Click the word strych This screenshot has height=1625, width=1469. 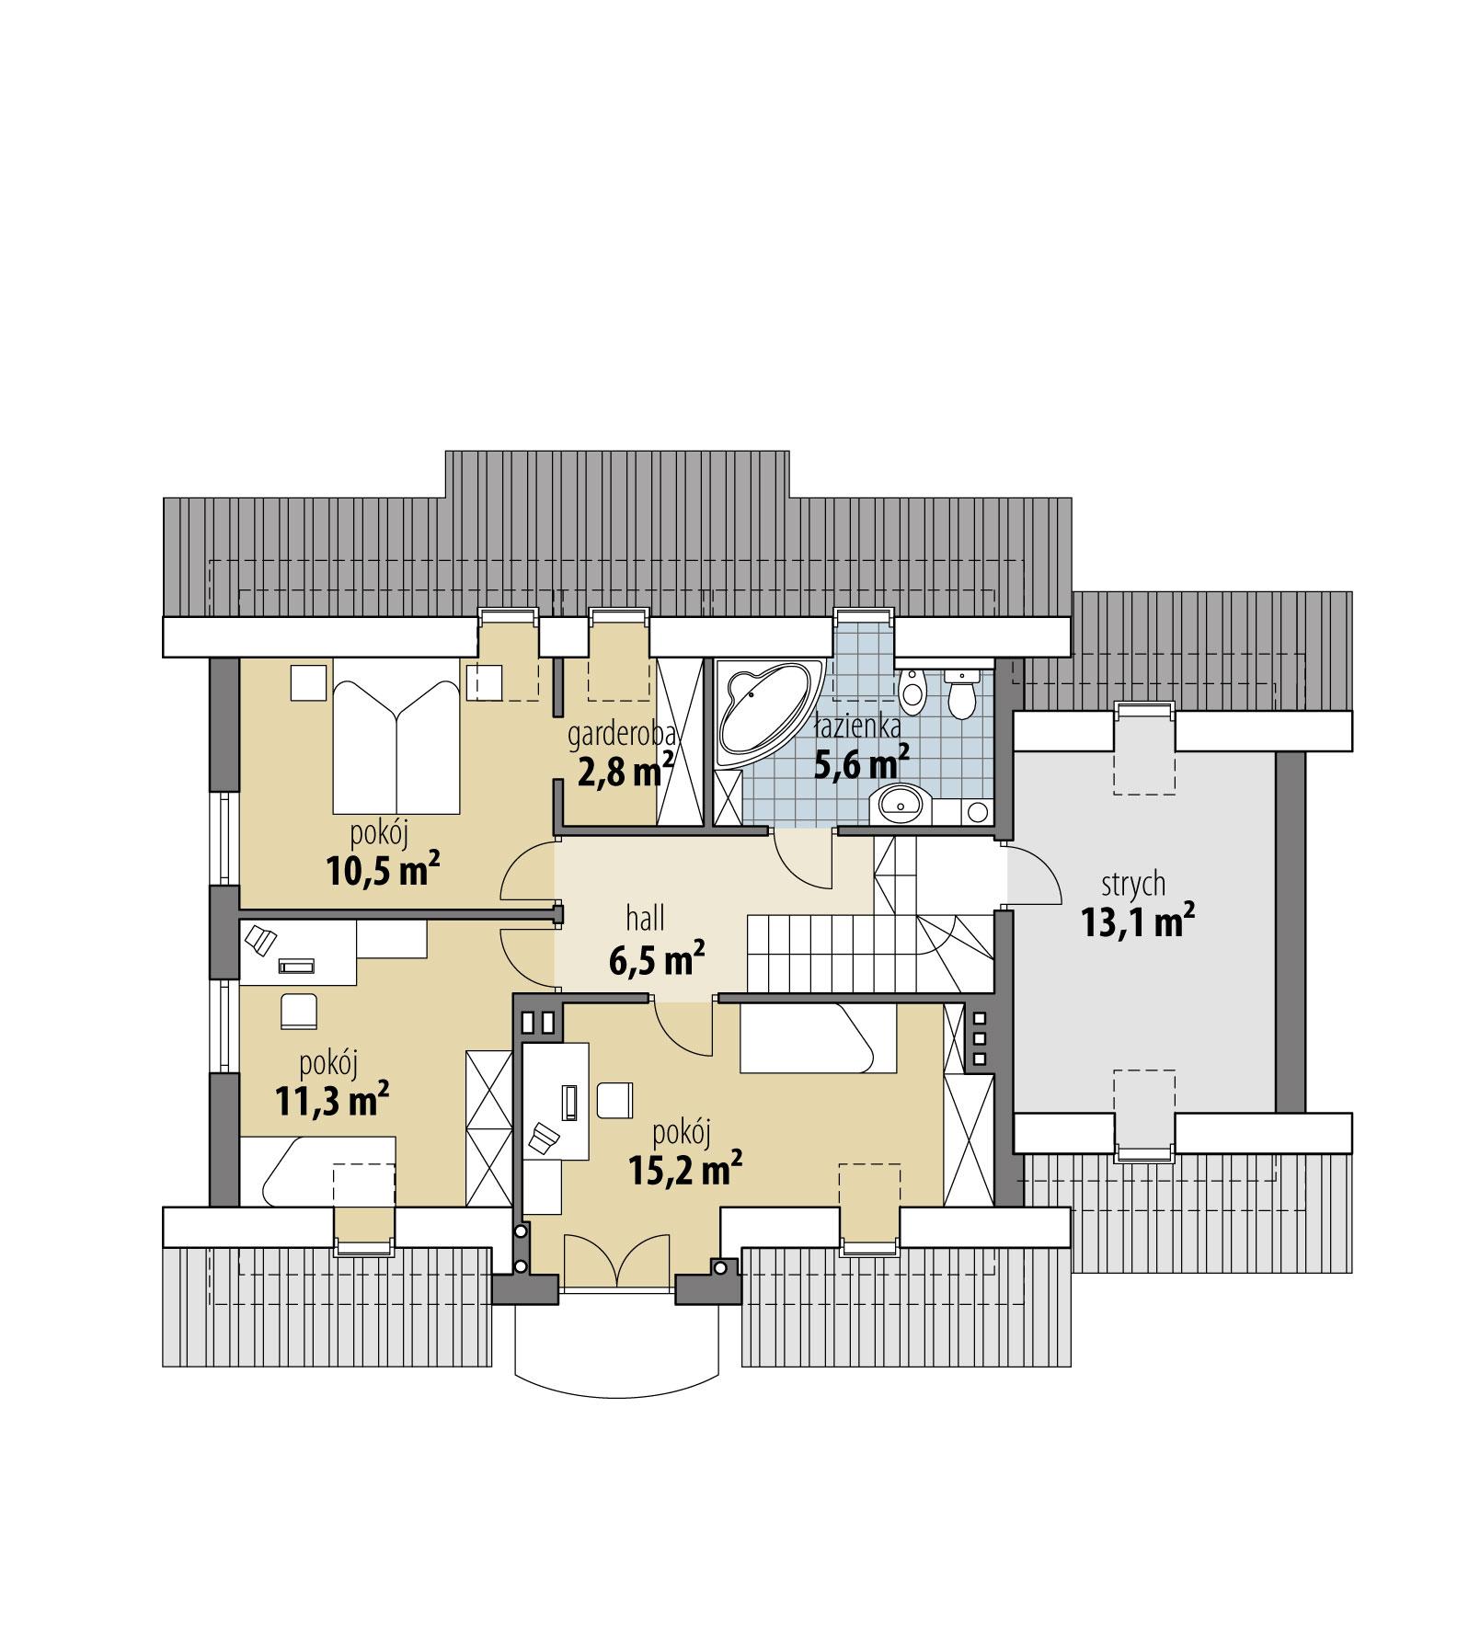(1133, 884)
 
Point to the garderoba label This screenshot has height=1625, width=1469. (622, 734)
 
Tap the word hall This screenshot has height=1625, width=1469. (645, 918)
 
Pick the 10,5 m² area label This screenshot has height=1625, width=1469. (382, 869)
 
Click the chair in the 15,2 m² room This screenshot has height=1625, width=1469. (614, 1100)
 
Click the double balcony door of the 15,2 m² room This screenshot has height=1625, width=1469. (614, 1259)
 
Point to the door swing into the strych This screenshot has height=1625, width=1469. (1032, 874)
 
